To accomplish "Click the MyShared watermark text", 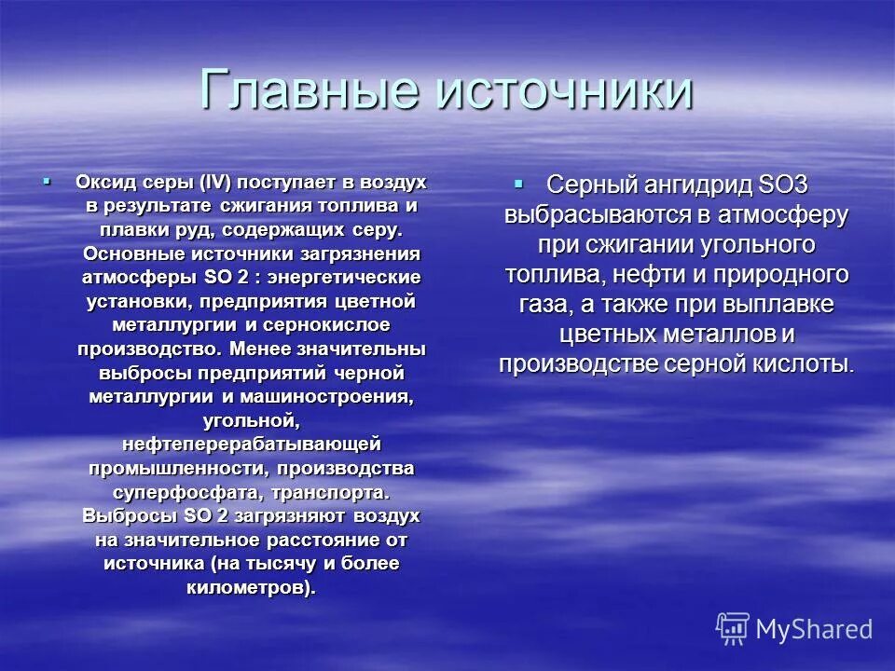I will click(x=814, y=629).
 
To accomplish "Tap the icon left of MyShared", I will click(x=733, y=629).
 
